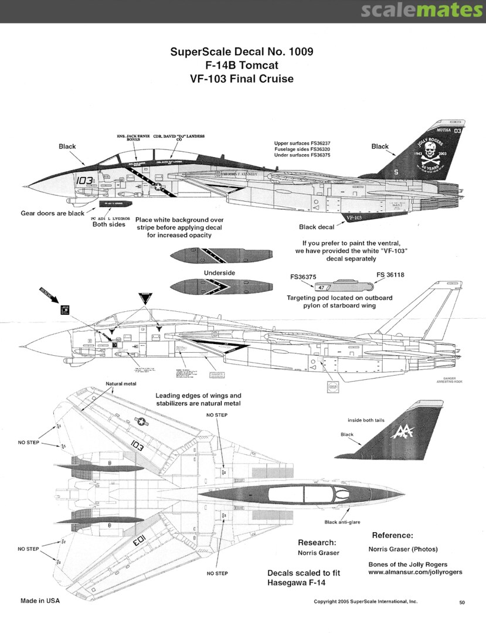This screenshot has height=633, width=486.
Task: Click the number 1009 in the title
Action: pos(295,52)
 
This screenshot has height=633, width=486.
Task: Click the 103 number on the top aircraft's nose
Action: pos(84,181)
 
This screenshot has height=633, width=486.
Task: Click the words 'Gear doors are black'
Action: pos(53,213)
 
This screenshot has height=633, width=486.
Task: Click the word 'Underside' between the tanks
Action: pos(219,273)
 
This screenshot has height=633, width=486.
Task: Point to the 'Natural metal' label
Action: pos(122,383)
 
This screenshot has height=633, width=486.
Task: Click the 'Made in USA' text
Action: pos(40,601)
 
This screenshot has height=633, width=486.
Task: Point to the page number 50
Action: pos(462,601)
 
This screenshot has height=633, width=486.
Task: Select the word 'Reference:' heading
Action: pos(392,535)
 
